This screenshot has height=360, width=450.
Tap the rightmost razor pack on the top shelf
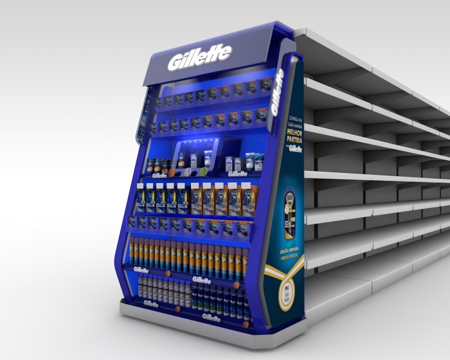[x=264, y=85]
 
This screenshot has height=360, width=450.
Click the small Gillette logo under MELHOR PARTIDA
[x=295, y=150]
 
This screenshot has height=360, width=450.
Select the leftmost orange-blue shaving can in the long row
[x=133, y=251]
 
